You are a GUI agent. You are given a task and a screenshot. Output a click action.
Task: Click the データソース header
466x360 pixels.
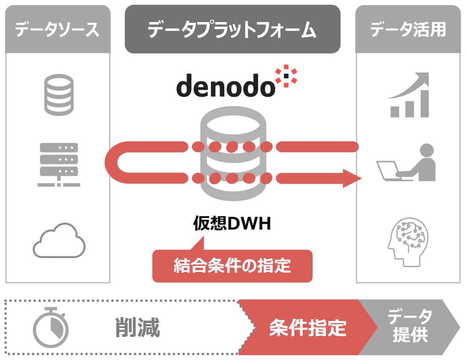coord(57,29)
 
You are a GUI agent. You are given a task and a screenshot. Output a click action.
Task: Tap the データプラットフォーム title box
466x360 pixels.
coord(232,29)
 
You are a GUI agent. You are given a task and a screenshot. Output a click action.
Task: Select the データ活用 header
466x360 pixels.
coord(408,29)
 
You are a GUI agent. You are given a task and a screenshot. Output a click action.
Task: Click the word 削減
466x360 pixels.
coord(138,328)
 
